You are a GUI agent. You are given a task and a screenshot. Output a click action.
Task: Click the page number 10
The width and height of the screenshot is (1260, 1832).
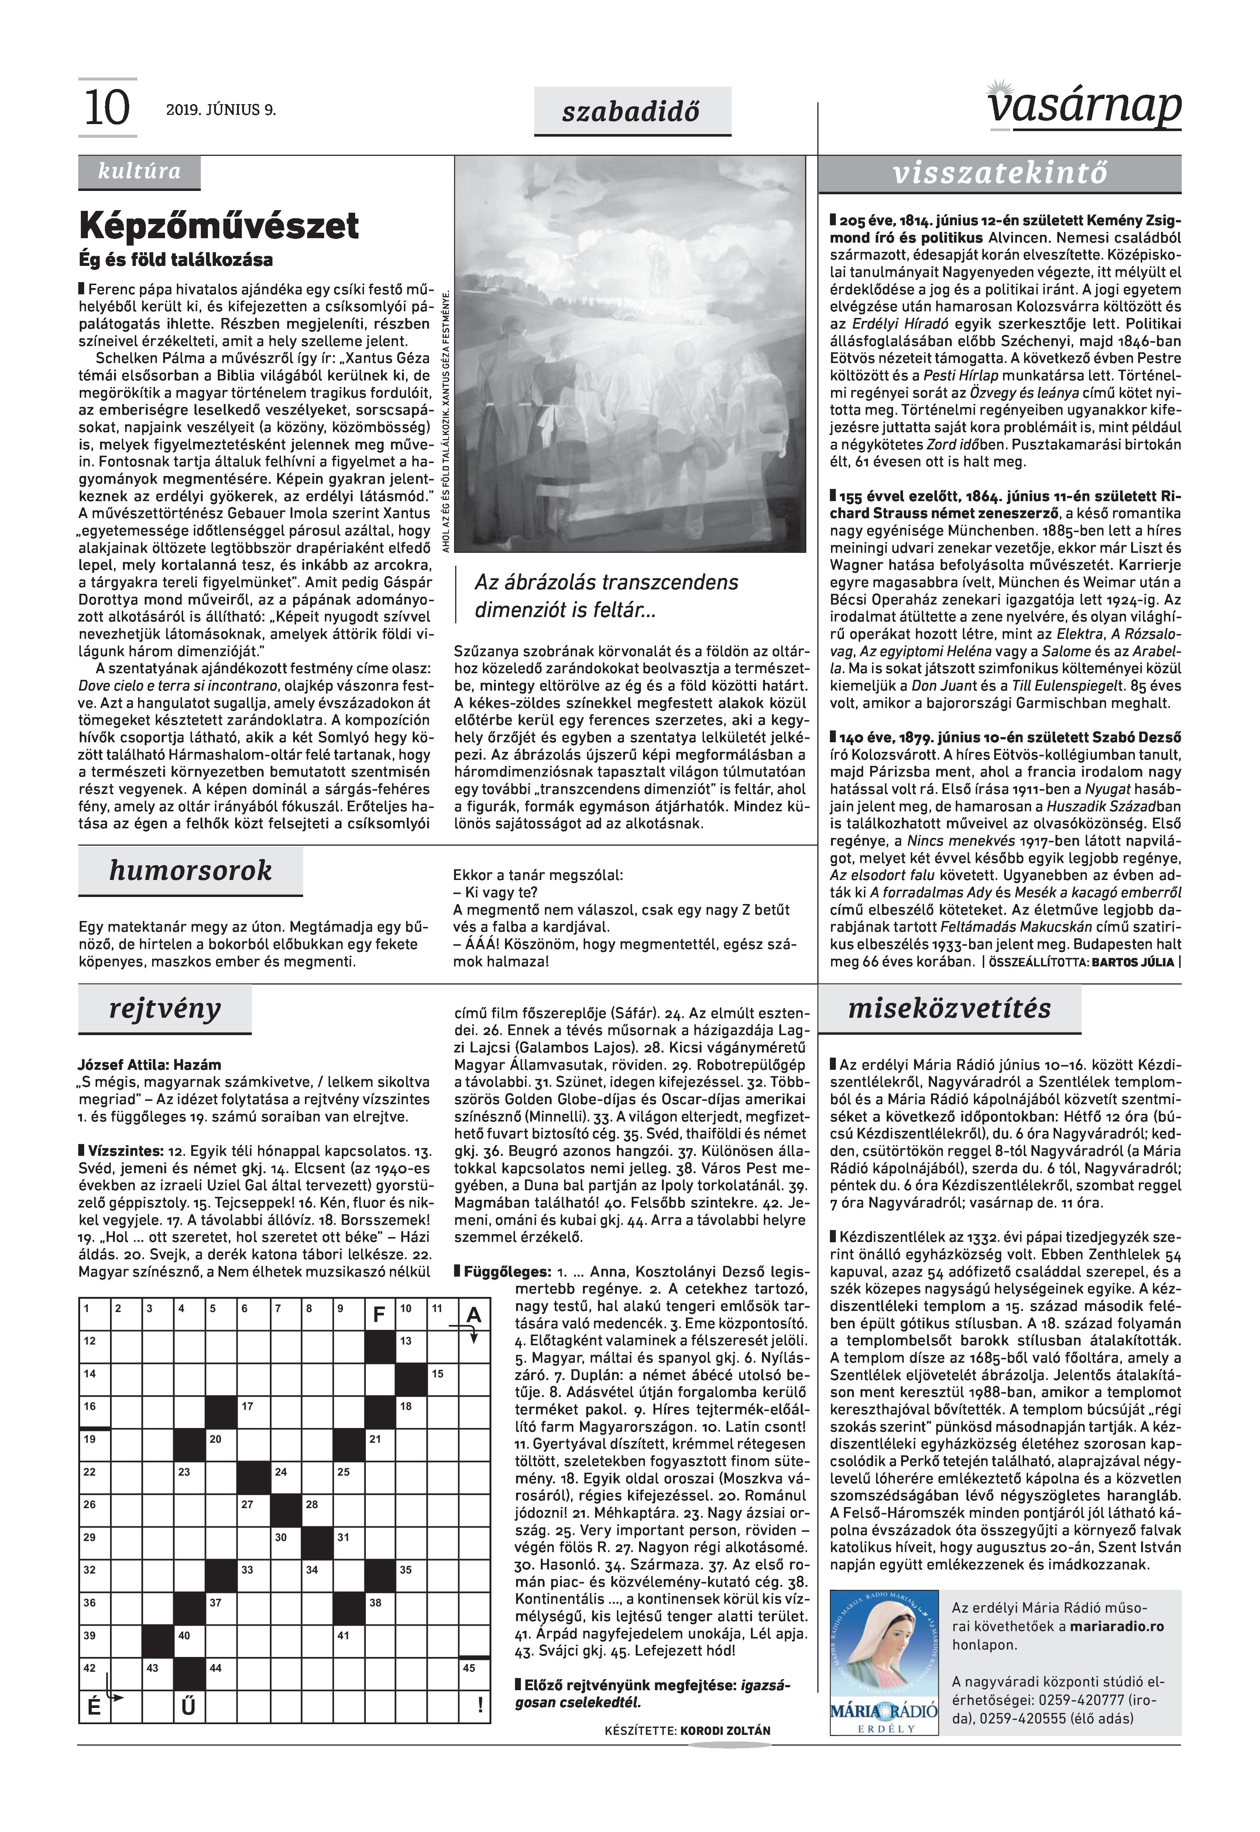point(106,108)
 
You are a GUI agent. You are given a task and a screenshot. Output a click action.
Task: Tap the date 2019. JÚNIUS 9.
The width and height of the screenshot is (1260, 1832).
point(221,110)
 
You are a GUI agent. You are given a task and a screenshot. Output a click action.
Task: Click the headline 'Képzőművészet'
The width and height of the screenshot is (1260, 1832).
point(219,226)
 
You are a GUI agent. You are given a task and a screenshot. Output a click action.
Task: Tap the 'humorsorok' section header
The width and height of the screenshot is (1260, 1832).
point(190,871)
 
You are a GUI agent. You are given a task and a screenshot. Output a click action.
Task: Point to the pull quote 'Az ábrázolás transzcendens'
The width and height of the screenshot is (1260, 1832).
point(606,583)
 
